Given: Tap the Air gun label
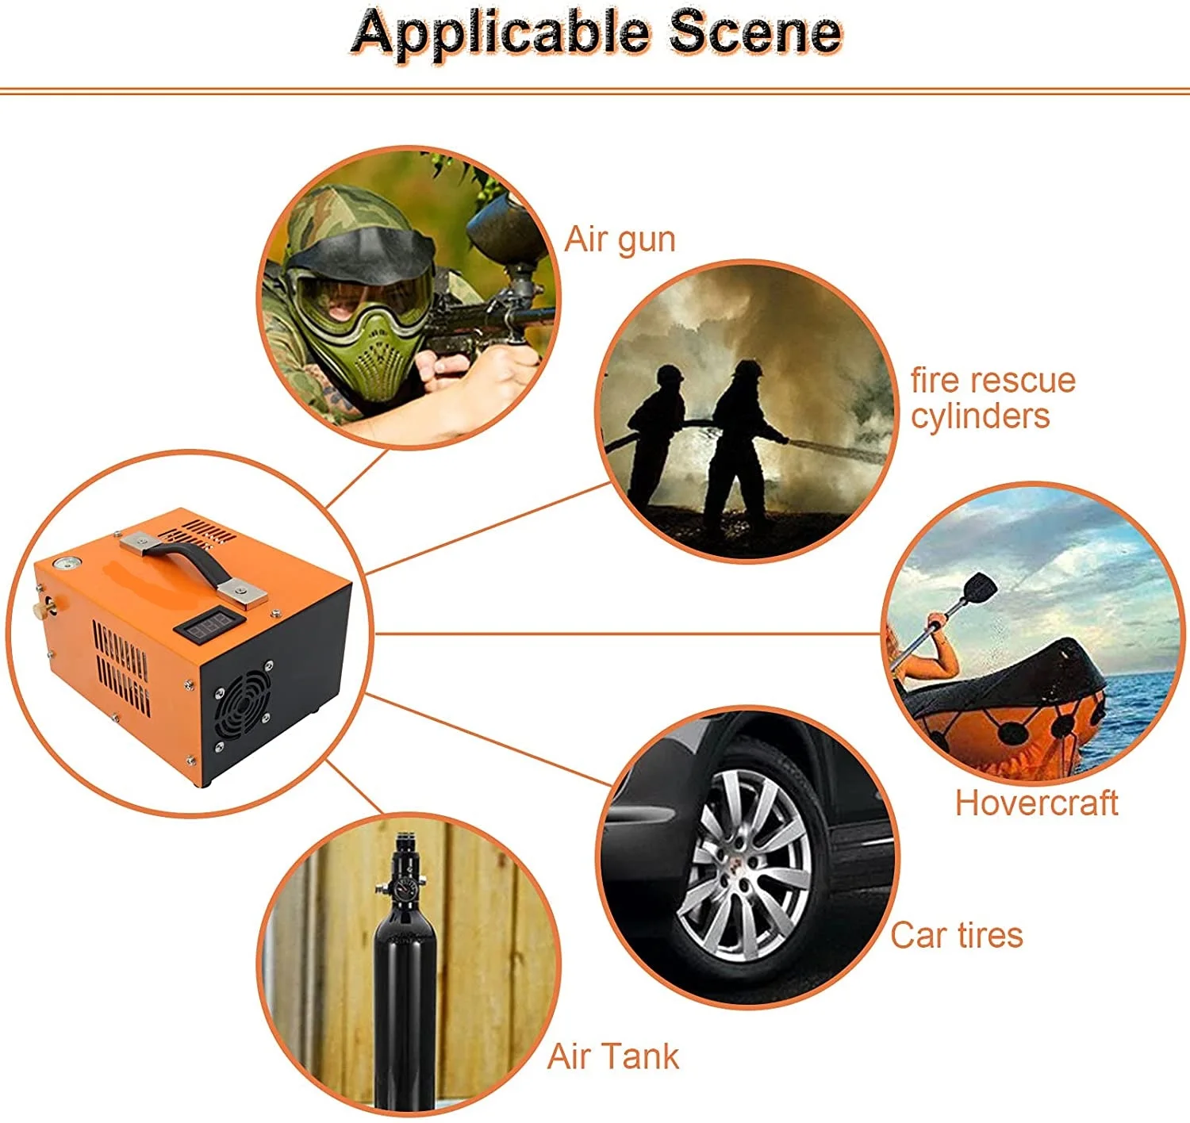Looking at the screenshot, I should click(620, 240).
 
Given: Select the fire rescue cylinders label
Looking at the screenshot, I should click(992, 398).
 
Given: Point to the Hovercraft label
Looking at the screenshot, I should click(1036, 803).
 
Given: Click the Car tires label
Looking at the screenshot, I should click(956, 935).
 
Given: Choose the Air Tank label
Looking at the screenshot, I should click(613, 1056).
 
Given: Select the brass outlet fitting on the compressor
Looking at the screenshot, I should click(37, 610).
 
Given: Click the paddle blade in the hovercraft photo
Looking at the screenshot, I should click(981, 587).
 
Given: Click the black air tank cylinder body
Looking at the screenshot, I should click(405, 1007).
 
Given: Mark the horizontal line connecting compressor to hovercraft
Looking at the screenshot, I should click(627, 634).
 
